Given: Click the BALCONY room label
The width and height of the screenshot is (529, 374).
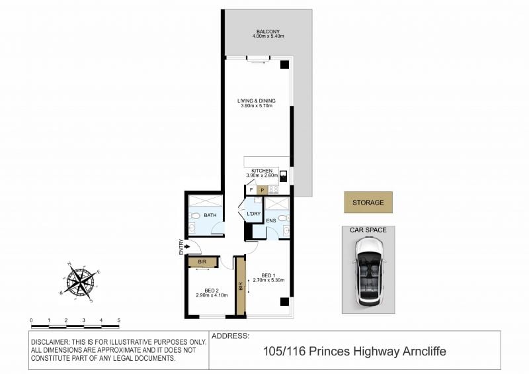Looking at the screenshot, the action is tap(268, 31).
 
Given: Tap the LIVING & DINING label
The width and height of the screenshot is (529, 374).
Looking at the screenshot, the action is tap(257, 101).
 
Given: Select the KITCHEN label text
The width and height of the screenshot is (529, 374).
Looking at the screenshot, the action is tap(262, 171).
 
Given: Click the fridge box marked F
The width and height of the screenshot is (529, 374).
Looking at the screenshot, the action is tap(251, 190).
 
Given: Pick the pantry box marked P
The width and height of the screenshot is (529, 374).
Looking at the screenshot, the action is tap(262, 190).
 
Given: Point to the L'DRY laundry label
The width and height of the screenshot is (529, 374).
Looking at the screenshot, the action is tap(254, 214).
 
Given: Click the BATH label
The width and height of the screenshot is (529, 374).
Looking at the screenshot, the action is tap(210, 215).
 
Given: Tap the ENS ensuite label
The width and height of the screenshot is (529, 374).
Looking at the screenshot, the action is tap(271, 220).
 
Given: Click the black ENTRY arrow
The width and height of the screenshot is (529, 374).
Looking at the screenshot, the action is tap(186, 247).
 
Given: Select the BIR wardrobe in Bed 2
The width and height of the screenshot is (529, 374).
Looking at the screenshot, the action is tap(202, 262).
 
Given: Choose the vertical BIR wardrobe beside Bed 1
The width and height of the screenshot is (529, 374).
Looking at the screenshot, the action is tap(241, 287).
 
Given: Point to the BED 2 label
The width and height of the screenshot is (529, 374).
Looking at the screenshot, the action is tap(212, 290).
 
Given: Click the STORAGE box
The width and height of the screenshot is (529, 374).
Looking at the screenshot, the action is tap(368, 203).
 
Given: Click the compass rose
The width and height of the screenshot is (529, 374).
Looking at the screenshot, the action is tap(80, 282).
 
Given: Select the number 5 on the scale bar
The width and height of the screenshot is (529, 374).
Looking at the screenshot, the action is tap(119, 320).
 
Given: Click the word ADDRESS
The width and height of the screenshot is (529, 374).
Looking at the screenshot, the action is tap(230, 336).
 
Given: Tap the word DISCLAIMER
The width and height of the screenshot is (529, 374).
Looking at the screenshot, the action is tap(50, 342).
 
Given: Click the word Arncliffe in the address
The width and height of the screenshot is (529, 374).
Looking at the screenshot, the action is tap(424, 351).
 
